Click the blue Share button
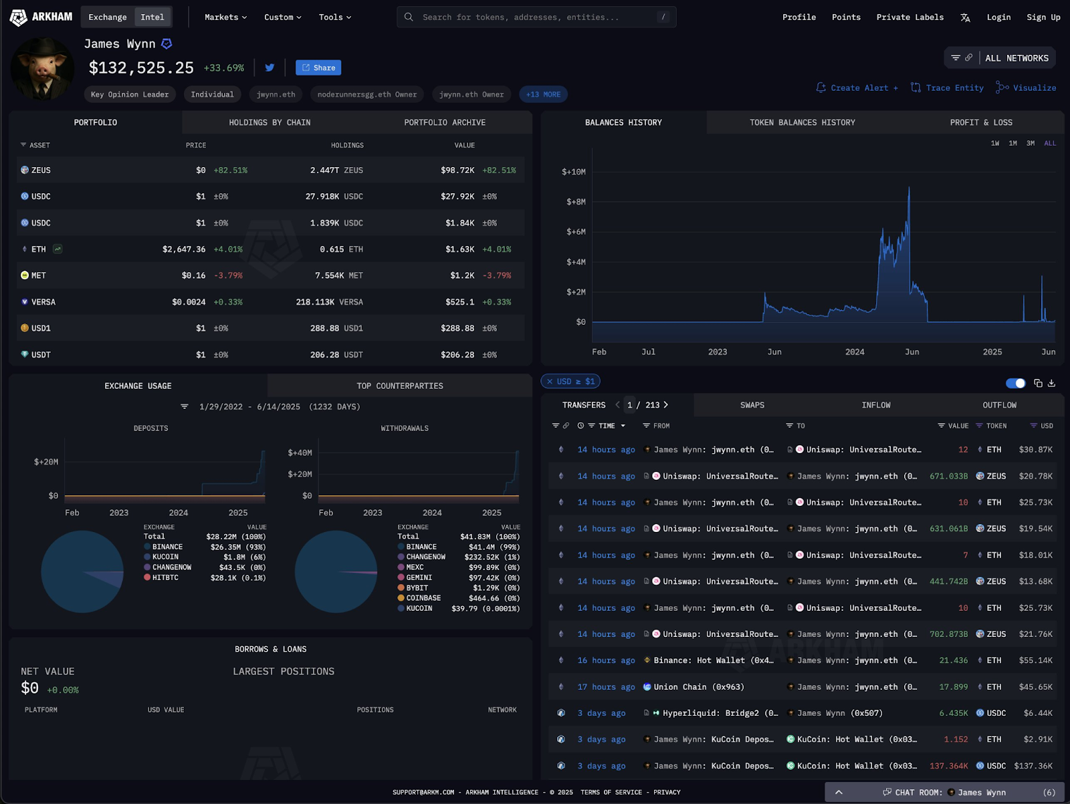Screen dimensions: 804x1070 [318, 68]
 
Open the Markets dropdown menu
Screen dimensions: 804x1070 [225, 17]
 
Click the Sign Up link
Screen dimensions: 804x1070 [1043, 17]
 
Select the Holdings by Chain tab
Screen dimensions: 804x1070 [270, 122]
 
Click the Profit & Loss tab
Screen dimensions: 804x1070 [980, 122]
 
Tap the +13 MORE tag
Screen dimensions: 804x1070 [543, 94]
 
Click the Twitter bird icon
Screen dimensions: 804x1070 [270, 68]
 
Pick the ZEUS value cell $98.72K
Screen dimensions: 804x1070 [457, 170]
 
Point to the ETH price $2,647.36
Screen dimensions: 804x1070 [184, 249]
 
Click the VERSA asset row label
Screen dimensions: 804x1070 [43, 302]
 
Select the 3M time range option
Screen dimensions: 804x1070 [1031, 143]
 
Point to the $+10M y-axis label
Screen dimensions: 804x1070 [573, 172]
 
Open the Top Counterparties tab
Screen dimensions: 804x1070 [399, 386]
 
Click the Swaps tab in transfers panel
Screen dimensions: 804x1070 [752, 405]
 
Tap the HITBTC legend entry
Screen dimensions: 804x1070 [165, 577]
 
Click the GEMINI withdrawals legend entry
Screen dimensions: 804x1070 [419, 577]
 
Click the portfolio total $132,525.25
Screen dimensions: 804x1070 [141, 68]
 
